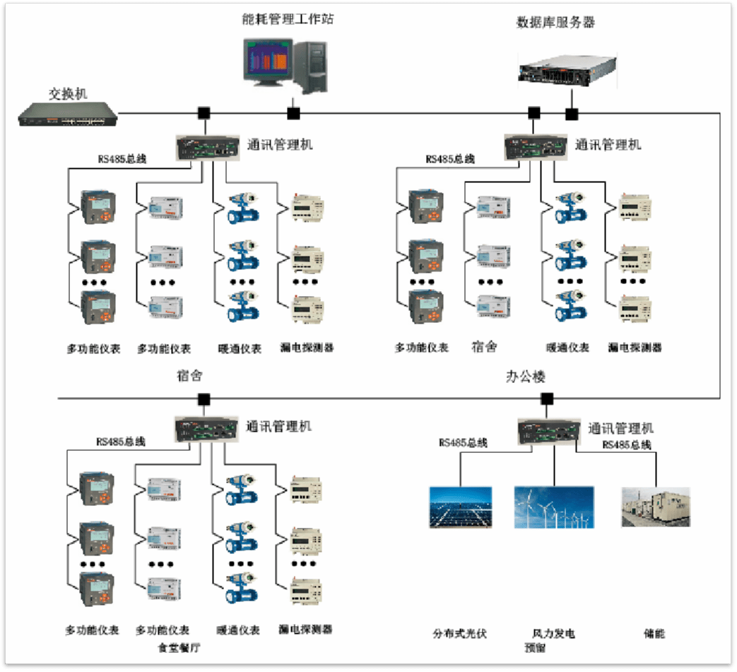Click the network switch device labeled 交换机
(67, 114)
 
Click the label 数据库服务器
(555, 22)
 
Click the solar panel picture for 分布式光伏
(460, 507)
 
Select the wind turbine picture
(553, 507)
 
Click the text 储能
(654, 634)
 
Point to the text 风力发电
(553, 634)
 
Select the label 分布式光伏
(460, 634)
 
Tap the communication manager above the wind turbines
(548, 431)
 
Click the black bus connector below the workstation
(293, 113)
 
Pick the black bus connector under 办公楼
(546, 399)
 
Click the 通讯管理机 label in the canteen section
(278, 427)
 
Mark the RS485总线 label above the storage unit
(626, 444)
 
